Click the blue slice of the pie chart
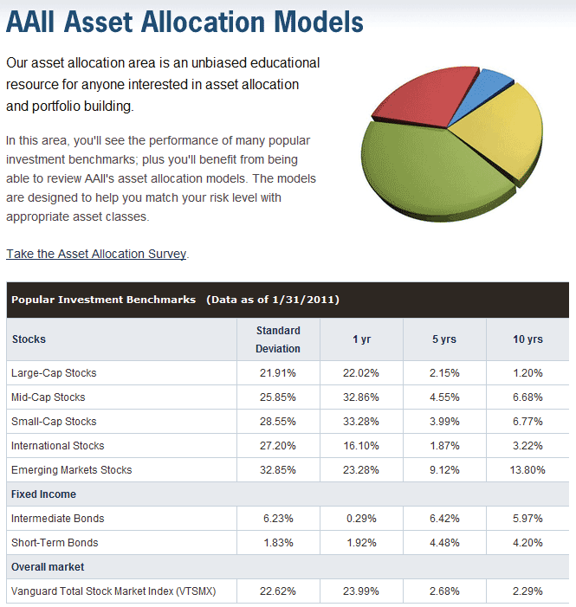(x=484, y=93)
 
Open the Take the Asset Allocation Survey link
(x=96, y=254)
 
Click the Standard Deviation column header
(x=278, y=339)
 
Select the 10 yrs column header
(x=527, y=339)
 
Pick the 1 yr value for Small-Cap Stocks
(x=360, y=421)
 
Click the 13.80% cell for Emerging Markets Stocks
(x=527, y=470)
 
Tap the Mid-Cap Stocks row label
(x=48, y=397)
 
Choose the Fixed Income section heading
(x=43, y=494)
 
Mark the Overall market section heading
(x=48, y=567)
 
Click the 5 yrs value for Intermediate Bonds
(x=444, y=519)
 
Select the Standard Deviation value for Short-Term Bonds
(x=278, y=543)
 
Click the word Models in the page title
(x=319, y=22)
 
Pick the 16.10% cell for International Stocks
(x=360, y=446)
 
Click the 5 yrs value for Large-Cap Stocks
(x=444, y=373)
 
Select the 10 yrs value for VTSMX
(x=527, y=591)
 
